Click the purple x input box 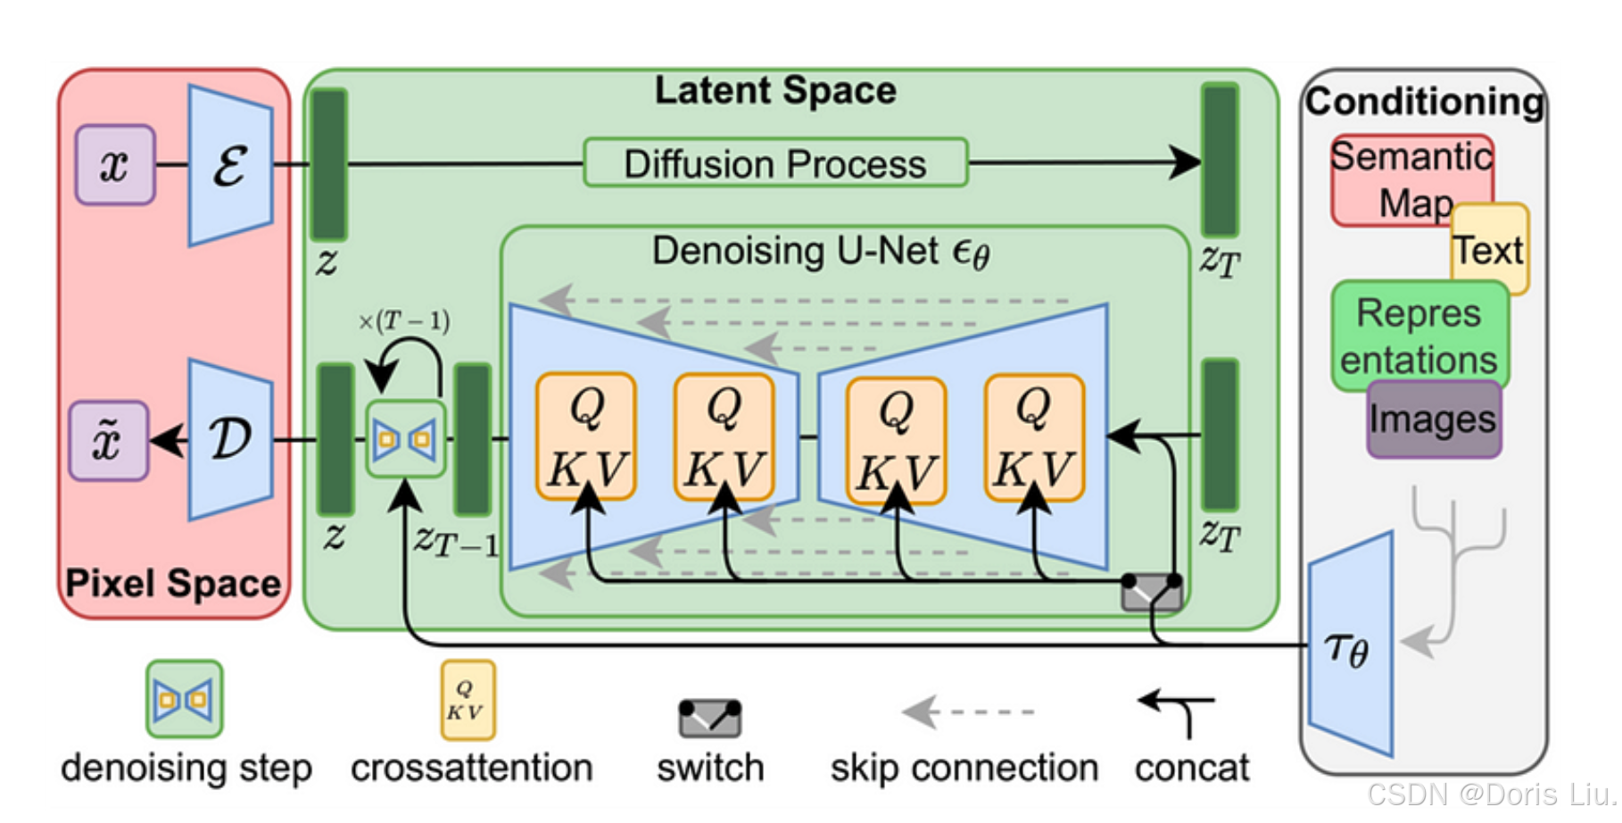click(x=115, y=165)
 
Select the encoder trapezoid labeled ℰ click(x=230, y=166)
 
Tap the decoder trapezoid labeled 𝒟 click(x=230, y=439)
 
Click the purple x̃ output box click(x=108, y=441)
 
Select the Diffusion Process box click(x=774, y=163)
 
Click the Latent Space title click(x=774, y=91)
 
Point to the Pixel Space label click(x=173, y=584)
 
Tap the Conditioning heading click(x=1424, y=102)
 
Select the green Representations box click(x=1419, y=336)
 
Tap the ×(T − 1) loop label click(x=404, y=321)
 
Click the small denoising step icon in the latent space click(x=405, y=439)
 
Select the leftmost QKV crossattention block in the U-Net click(x=586, y=436)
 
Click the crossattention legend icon click(x=468, y=700)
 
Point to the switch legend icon click(x=709, y=718)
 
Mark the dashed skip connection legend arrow click(x=967, y=712)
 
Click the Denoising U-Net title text click(x=821, y=252)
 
